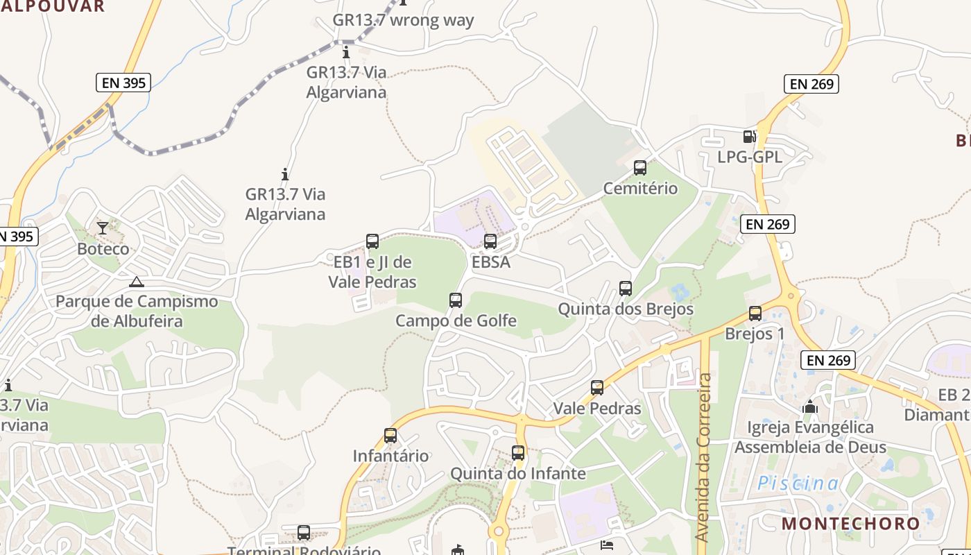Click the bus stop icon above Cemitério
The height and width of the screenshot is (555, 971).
[x=640, y=168]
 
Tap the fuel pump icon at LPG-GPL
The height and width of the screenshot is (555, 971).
[x=749, y=137]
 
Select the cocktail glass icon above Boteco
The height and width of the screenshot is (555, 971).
[x=103, y=228]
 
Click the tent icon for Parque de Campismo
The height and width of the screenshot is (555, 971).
[x=137, y=282]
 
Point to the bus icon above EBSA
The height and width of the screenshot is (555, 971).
[x=490, y=241]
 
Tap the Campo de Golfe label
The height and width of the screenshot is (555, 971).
[x=456, y=321]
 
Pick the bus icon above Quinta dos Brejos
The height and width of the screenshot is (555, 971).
[x=626, y=289]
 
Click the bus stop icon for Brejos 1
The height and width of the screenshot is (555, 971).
[x=755, y=314]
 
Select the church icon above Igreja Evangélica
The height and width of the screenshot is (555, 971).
[x=810, y=407]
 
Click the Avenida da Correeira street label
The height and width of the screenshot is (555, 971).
[x=704, y=458]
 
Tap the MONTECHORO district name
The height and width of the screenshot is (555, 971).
[x=851, y=524]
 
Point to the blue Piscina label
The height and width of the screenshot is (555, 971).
[x=798, y=484]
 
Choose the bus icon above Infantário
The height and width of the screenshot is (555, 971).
[x=390, y=436]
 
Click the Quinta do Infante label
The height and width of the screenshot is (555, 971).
[x=518, y=474]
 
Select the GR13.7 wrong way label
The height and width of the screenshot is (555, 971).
[x=403, y=20]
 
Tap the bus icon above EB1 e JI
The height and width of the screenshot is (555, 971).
[x=372, y=241]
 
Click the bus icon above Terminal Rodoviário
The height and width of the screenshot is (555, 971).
[x=304, y=533]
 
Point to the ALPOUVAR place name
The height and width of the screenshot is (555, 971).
[x=52, y=6]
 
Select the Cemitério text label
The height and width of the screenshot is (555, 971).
[x=640, y=188]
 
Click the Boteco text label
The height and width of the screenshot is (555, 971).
[x=103, y=248]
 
